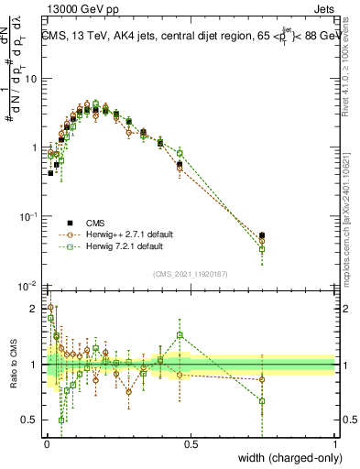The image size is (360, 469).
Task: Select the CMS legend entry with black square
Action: coord(93,223)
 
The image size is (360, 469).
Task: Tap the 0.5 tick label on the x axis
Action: coord(191,443)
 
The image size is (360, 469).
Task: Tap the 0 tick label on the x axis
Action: coord(47,443)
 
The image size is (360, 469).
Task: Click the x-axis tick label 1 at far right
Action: coord(335,443)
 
